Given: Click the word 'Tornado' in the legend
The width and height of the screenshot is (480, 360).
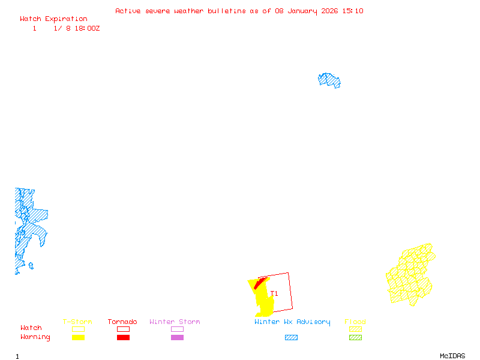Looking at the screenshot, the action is (122, 322).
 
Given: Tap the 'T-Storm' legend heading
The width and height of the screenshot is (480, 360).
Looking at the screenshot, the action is (77, 322).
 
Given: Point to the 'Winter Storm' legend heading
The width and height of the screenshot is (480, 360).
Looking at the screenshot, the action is (175, 322).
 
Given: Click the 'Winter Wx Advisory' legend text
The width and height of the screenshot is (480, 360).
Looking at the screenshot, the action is (292, 322).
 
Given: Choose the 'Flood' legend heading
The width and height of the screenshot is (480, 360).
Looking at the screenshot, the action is (355, 322).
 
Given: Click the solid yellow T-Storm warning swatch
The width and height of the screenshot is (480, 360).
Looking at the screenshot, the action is (78, 338).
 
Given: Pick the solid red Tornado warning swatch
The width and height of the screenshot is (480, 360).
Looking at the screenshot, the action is (123, 338).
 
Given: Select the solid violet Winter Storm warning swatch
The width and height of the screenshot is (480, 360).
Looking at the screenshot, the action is (177, 338).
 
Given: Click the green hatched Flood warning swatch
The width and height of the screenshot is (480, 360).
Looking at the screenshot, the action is (356, 338).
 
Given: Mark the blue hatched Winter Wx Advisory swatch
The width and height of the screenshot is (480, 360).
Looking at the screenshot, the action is (291, 338).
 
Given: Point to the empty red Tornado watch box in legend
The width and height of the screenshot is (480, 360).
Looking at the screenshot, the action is (123, 329).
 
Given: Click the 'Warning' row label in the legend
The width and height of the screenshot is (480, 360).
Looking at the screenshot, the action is (35, 337).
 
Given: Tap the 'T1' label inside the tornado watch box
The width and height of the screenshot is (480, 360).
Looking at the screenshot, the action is (274, 293).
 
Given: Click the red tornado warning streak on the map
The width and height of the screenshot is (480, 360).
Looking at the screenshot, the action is (260, 283).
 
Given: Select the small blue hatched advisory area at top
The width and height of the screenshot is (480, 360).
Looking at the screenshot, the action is (329, 80).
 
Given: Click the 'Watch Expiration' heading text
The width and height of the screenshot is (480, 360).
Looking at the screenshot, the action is (53, 19).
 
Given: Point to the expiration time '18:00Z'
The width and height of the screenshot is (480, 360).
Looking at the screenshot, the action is (87, 28).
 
